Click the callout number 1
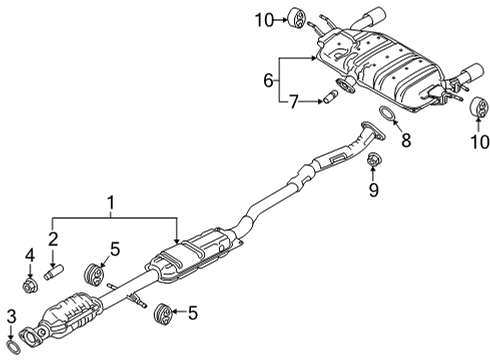tap(111, 203)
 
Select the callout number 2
tap(53, 239)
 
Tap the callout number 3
tap(12, 317)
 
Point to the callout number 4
tap(30, 255)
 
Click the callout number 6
tap(269, 80)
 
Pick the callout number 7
tap(293, 102)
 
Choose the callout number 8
tap(406, 140)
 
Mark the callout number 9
tap(374, 190)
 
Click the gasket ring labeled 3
tap(14, 347)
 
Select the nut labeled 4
tap(30, 287)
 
